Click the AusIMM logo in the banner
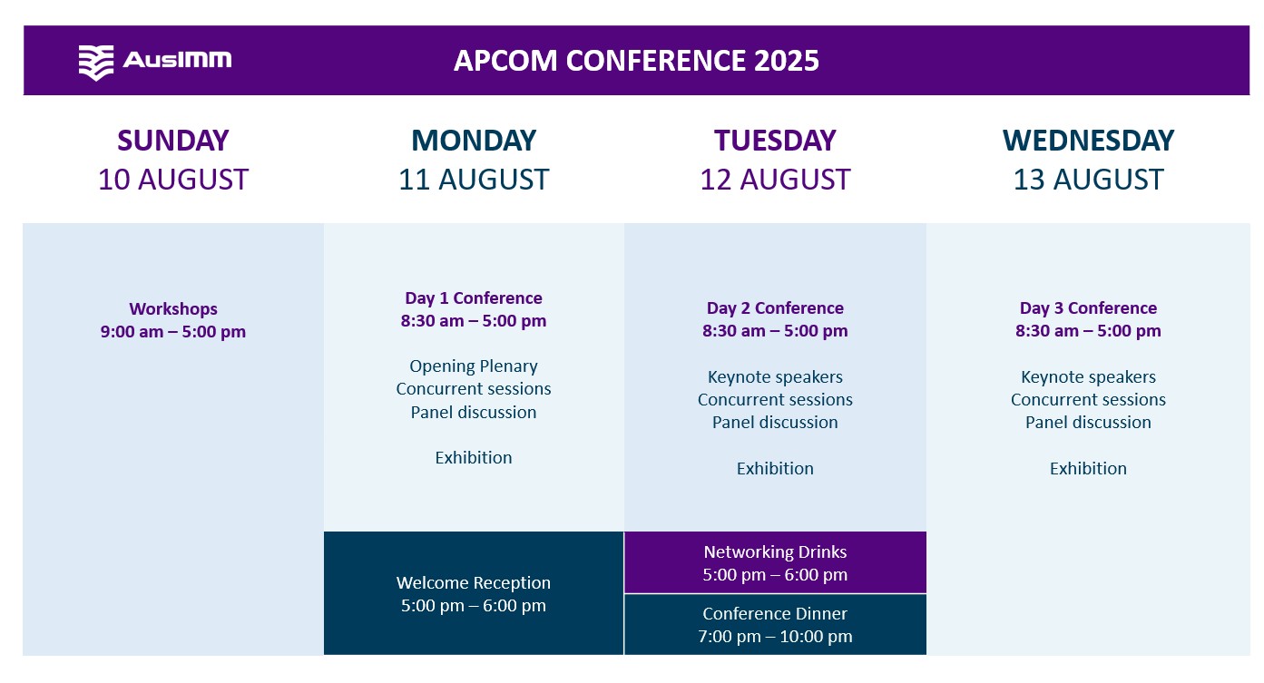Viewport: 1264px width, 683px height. [x=155, y=62]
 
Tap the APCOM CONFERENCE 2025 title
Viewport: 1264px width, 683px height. [x=636, y=61]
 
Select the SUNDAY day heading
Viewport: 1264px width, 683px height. [x=172, y=141]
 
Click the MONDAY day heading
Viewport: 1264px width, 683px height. [x=474, y=141]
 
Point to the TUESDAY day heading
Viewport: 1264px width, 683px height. [x=775, y=141]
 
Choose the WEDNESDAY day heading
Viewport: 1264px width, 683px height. [x=1088, y=141]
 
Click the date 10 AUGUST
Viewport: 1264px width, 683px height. [x=172, y=180]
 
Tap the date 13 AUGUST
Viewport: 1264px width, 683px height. [x=1088, y=180]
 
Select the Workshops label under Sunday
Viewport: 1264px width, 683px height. [x=173, y=309]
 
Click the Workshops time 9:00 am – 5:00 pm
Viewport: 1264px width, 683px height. [x=173, y=332]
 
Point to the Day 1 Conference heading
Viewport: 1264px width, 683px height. [x=474, y=298]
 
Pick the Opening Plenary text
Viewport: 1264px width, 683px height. [x=474, y=366]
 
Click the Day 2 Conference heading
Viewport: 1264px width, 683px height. [x=775, y=308]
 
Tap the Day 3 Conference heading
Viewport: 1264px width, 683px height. [x=1088, y=308]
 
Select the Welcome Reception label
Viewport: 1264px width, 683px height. [x=474, y=582]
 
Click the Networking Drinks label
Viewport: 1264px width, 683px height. [x=775, y=551]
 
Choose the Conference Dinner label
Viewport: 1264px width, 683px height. [x=775, y=614]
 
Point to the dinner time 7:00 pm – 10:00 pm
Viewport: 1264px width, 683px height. [x=775, y=637]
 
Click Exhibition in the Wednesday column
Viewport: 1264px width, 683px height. [x=1088, y=469]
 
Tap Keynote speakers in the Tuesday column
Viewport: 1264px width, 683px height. [x=775, y=377]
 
